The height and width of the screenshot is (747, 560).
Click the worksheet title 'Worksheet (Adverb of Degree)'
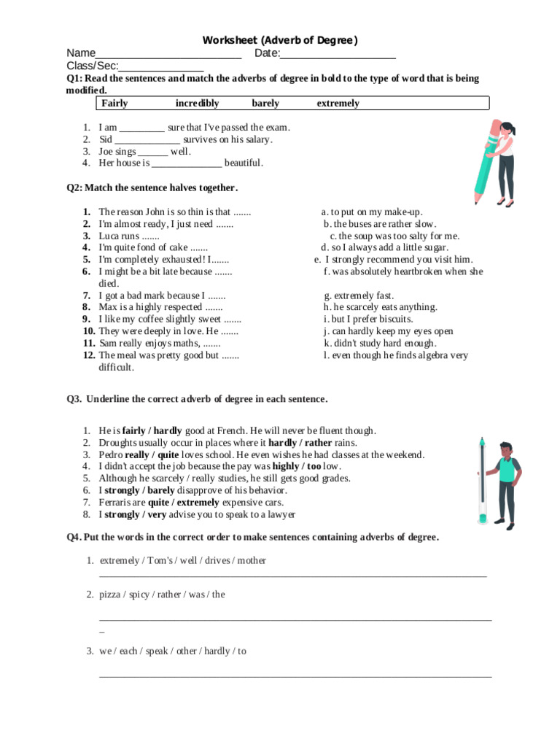pos(280,40)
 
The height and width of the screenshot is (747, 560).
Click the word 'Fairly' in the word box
pos(114,104)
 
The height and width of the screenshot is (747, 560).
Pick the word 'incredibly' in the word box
pos(197,104)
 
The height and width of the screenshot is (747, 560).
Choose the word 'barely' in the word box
pos(265,104)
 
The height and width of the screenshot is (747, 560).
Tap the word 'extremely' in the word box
pos(338,104)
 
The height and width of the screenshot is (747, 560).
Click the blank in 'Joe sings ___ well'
pos(153,152)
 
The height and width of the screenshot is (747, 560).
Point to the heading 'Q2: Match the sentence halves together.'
pos(152,187)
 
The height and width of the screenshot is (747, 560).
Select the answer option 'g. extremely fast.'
pos(359,295)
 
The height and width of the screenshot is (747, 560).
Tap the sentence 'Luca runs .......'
pos(129,236)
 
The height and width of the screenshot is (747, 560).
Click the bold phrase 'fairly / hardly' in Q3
pos(152,431)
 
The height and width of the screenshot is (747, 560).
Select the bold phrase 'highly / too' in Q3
pos(297,466)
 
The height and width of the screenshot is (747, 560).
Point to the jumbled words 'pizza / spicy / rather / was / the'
pos(163,595)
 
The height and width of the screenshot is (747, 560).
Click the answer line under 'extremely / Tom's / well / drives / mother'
pos(292,576)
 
